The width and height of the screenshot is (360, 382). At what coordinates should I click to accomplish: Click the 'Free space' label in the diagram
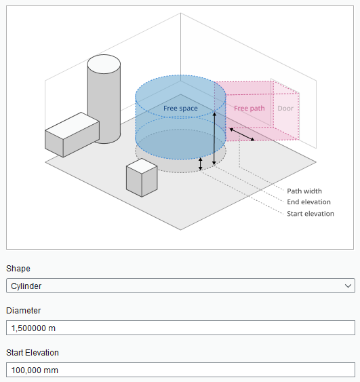pos(180,109)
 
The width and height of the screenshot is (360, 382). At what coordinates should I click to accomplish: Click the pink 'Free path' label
pos(249,109)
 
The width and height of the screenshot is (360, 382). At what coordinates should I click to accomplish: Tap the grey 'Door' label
pos(285,109)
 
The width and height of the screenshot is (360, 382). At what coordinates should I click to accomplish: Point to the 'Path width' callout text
pos(304,191)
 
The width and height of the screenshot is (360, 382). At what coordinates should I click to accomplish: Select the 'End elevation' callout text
pos(308,202)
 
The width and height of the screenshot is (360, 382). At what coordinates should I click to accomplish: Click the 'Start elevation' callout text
pos(311,214)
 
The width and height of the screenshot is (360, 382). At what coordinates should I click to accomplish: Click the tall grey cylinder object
pos(104,98)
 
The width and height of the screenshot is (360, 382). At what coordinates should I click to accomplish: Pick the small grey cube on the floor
pos(142,178)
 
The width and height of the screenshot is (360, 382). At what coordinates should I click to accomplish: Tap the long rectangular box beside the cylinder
pos(72,135)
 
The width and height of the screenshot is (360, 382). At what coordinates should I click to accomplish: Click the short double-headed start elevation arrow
pos(200,164)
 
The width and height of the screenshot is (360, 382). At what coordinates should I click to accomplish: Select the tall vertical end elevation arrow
pos(214,138)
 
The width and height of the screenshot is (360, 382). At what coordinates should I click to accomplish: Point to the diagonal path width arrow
pos(242,134)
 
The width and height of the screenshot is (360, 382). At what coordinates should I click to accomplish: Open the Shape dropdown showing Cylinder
pos(180,286)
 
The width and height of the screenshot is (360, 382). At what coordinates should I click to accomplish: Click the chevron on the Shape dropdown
pos(348,286)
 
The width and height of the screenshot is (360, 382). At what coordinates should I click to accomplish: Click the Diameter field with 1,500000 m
pos(180,328)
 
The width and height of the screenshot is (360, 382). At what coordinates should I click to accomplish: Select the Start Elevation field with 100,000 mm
pos(180,370)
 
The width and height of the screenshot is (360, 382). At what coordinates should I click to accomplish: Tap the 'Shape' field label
pos(18,269)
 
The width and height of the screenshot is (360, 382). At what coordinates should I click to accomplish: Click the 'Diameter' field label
pos(23,311)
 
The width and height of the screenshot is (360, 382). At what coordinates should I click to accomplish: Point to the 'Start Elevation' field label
pos(33,353)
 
